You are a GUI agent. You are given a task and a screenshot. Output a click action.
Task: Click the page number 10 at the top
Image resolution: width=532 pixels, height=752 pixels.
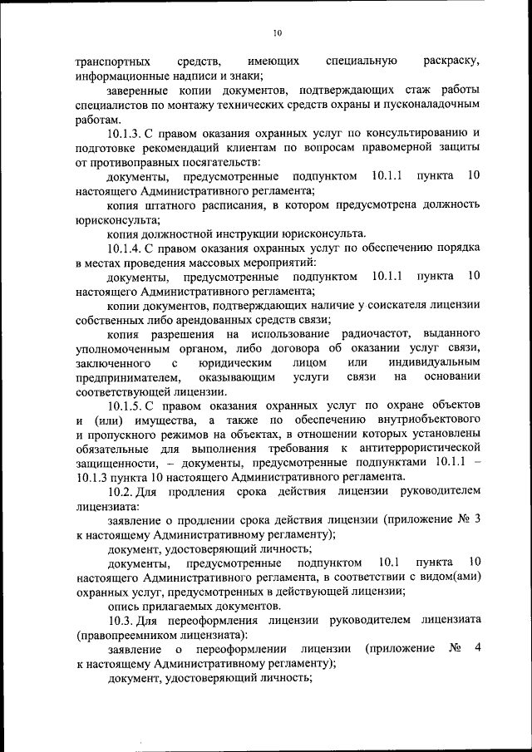(278, 32)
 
